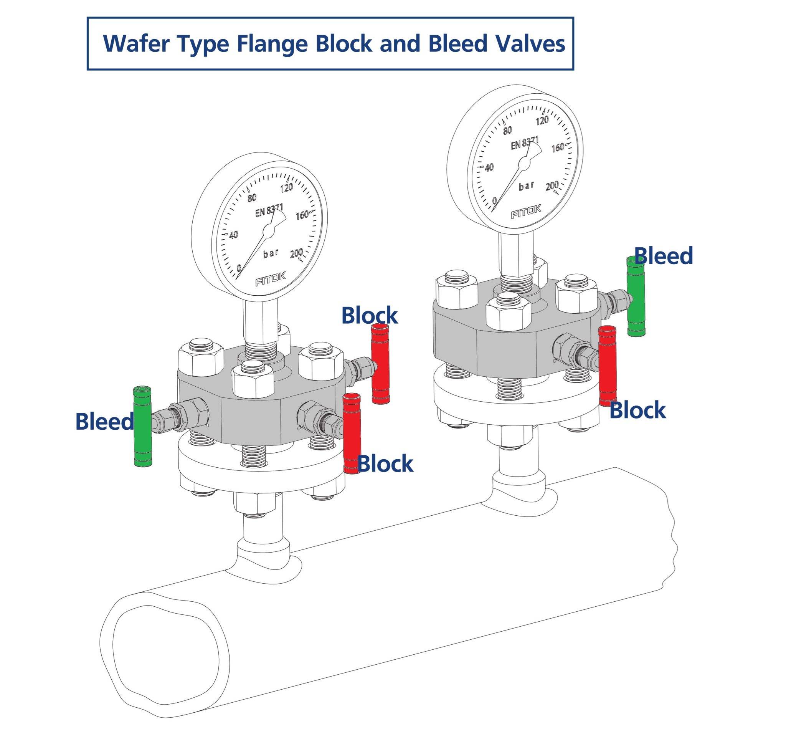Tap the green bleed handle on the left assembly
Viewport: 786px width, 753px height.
pos(142,427)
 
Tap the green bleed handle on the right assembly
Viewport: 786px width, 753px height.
pos(636,296)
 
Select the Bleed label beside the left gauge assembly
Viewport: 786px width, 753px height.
pos(105,422)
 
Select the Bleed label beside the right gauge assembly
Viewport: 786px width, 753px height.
pos(663,256)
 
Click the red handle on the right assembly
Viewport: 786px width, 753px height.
pos(608,366)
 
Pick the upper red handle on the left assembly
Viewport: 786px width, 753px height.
pos(380,364)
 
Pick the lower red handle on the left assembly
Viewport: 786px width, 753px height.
pos(352,434)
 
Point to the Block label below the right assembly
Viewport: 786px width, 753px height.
pos(637,410)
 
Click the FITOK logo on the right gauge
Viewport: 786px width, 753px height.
pos(526,211)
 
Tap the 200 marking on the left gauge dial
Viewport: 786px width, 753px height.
pos(296,253)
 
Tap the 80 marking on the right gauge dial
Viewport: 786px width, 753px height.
pos(507,130)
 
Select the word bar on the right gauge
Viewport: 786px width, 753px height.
pos(527,186)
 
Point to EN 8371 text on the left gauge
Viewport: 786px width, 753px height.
pos(269,210)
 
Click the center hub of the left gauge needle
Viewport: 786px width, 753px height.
pos(268,230)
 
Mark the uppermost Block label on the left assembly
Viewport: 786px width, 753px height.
pos(369,315)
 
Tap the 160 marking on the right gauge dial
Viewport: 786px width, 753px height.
pos(557,148)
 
